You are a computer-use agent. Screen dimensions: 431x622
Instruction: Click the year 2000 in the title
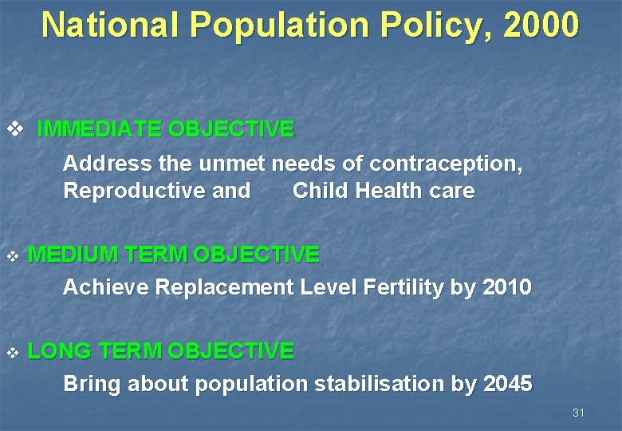(541, 25)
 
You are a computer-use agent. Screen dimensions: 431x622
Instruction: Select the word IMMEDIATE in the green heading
(99, 129)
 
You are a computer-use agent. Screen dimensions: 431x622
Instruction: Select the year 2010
(507, 287)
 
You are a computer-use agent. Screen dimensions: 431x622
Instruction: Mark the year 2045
(507, 384)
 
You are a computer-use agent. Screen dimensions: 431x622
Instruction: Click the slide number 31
(579, 413)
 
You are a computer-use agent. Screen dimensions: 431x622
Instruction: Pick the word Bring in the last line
(92, 384)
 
